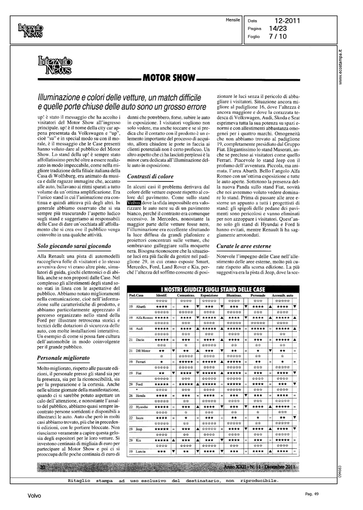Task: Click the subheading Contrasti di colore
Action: click(150, 176)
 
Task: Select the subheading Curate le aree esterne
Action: click(244, 246)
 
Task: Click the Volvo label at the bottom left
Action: click(34, 496)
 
